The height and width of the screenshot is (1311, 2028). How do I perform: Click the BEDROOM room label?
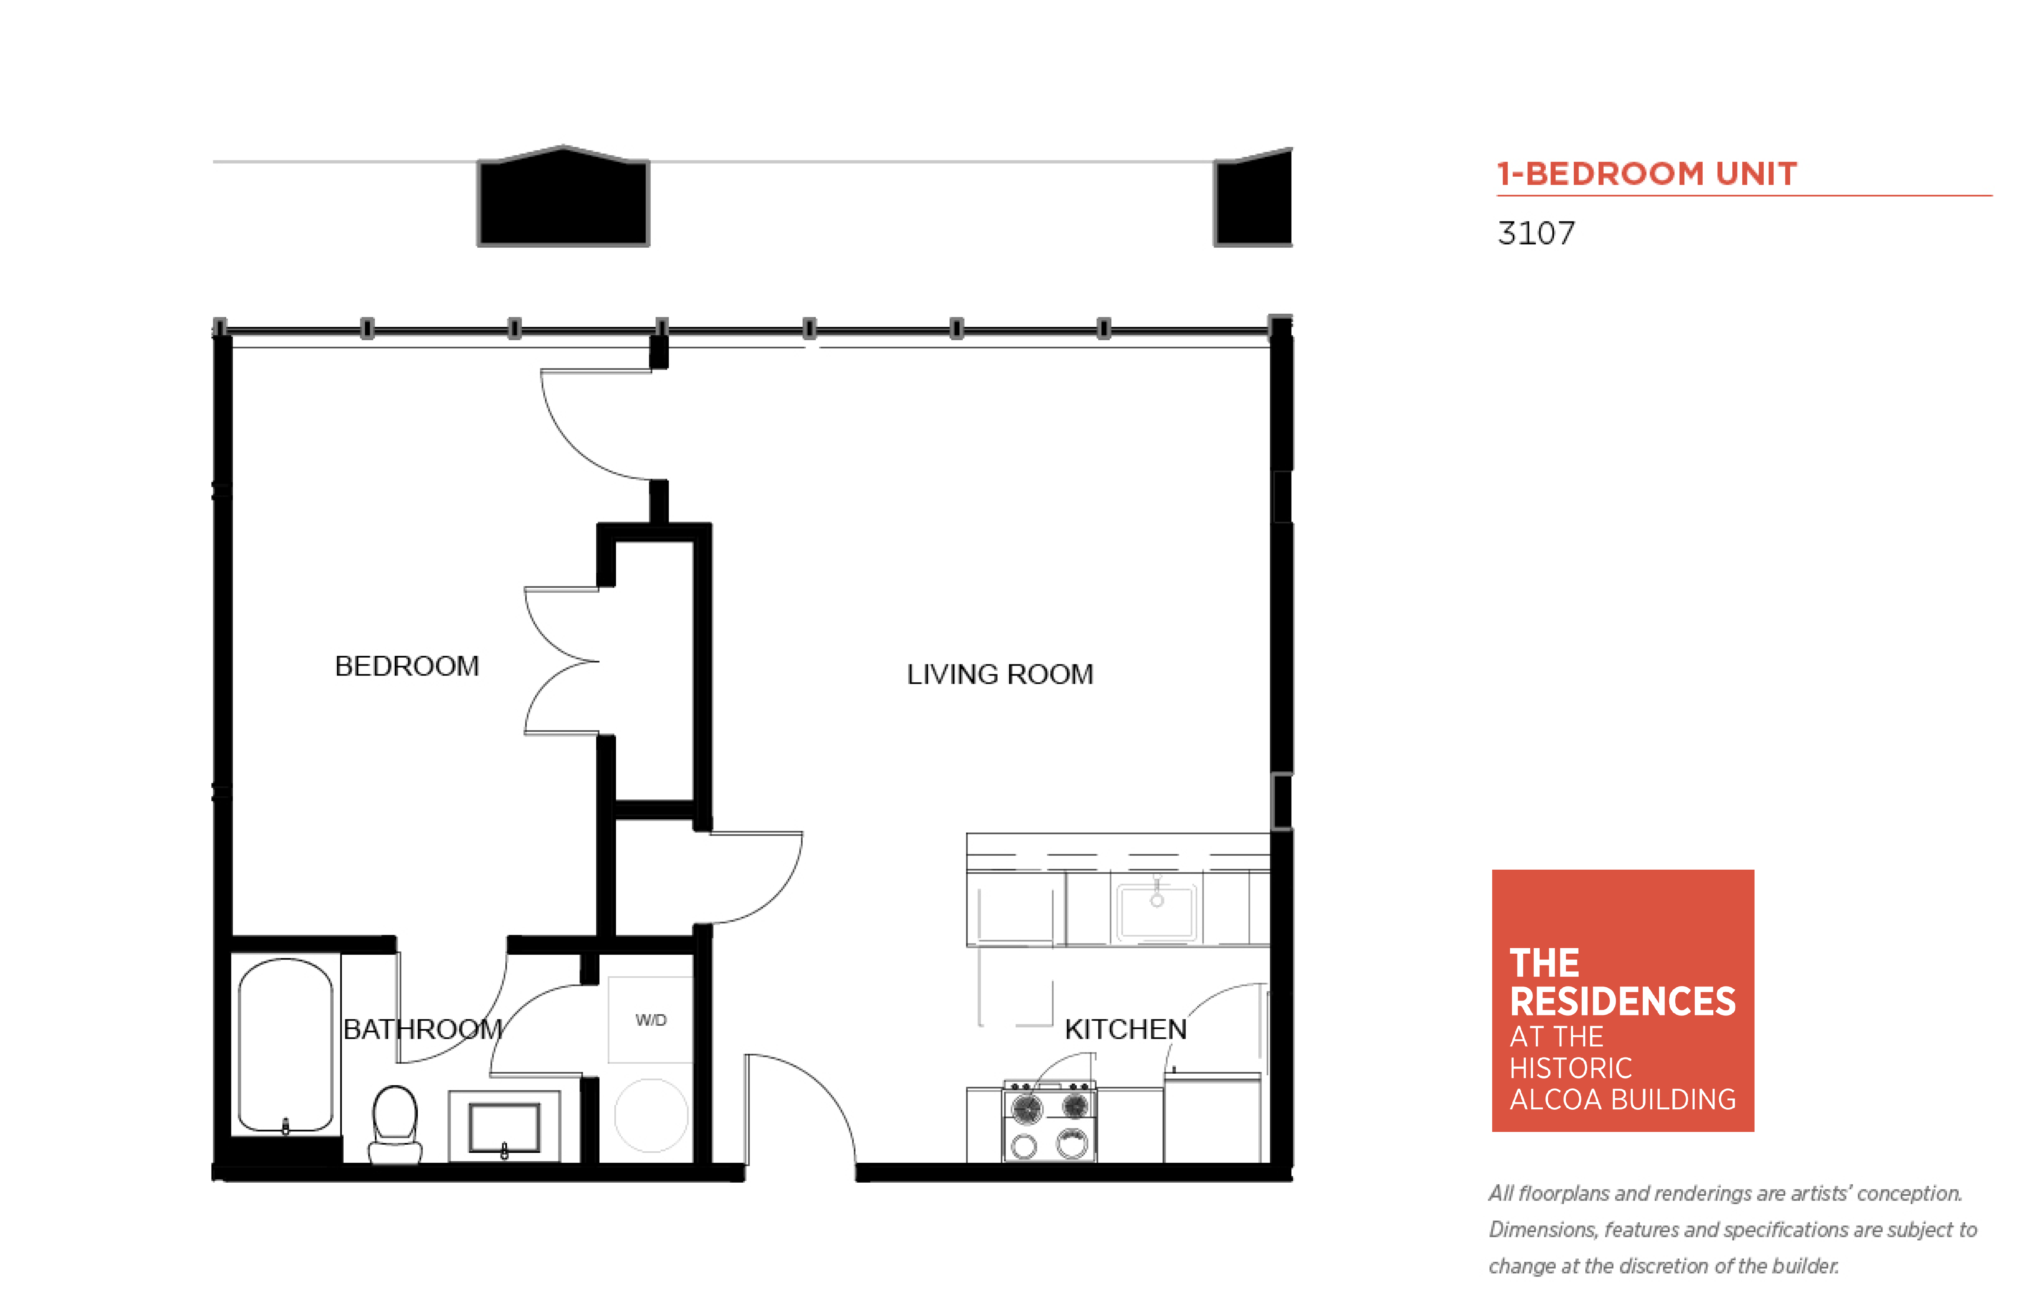407,666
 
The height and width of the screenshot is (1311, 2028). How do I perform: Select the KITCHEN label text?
1126,1029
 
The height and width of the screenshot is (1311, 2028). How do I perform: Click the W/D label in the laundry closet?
651,1020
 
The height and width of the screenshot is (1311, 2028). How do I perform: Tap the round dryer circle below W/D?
651,1115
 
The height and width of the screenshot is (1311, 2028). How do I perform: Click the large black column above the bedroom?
563,197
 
